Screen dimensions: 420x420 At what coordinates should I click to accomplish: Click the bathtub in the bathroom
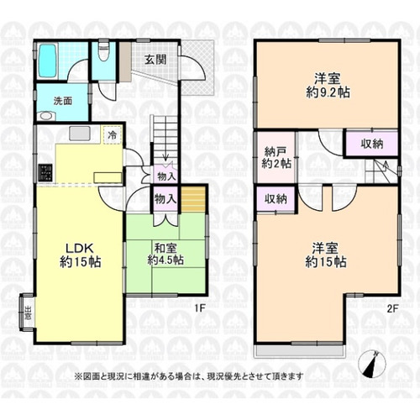tap(48, 60)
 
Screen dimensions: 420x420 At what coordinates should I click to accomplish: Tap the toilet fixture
tap(104, 51)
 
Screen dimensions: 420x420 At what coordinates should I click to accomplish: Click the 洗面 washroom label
tap(63, 101)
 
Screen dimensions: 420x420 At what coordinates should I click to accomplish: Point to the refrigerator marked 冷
tap(113, 135)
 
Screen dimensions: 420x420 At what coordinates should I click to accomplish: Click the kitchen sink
tap(80, 134)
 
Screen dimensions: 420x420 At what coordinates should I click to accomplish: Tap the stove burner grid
tap(45, 172)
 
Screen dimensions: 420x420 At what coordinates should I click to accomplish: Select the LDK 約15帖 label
tap(79, 255)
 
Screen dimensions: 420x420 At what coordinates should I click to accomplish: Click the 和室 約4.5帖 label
tap(165, 255)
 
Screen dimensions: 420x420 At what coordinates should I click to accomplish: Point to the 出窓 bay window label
tap(28, 312)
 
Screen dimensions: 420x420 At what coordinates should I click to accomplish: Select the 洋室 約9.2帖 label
tap(328, 86)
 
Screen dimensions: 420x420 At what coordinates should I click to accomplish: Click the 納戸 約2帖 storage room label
tap(276, 158)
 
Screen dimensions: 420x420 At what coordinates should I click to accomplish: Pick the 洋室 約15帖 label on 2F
tap(326, 255)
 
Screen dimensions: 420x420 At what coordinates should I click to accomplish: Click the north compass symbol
tap(372, 364)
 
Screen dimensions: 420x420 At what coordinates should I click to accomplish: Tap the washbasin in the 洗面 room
tap(47, 116)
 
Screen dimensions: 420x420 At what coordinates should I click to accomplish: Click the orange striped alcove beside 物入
tap(193, 200)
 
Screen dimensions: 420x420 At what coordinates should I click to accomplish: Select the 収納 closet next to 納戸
tap(276, 199)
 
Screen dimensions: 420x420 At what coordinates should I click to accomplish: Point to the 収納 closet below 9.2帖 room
tap(372, 144)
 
